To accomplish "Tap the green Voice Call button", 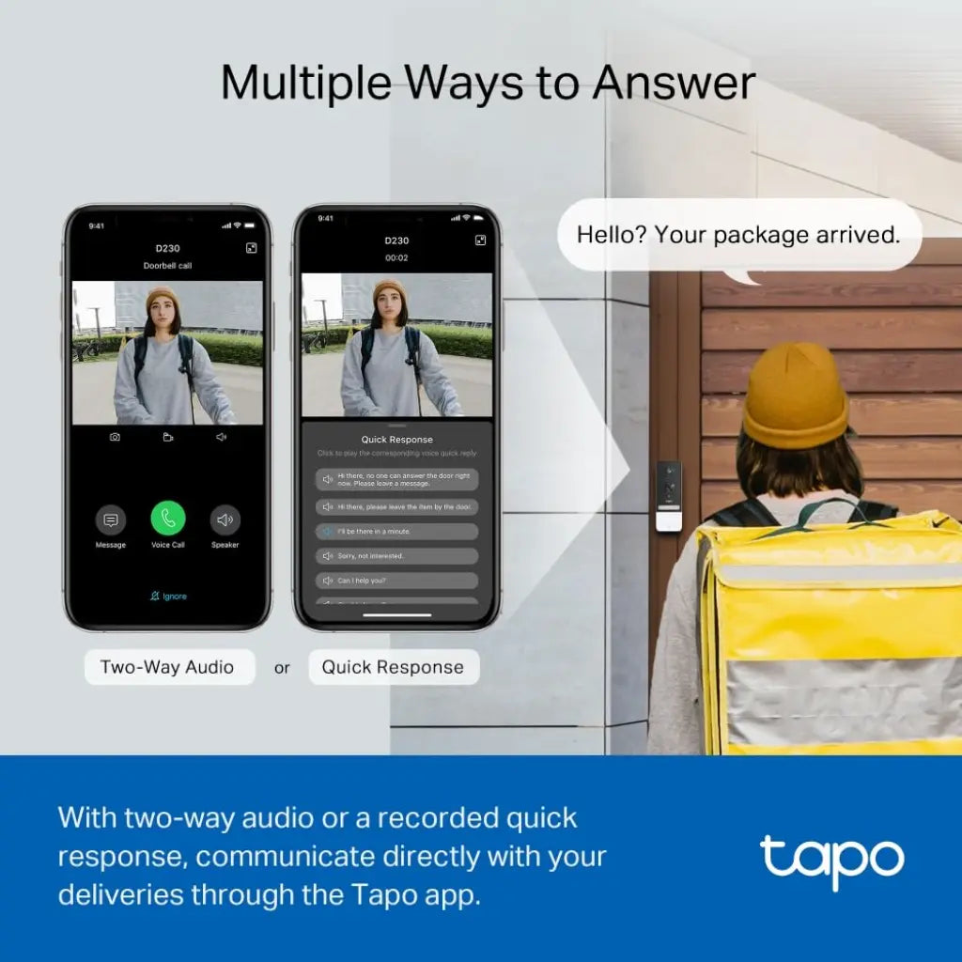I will tap(168, 519).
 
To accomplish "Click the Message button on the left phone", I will tap(111, 520).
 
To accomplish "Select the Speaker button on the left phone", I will tap(225, 520).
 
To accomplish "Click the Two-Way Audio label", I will tap(167, 667).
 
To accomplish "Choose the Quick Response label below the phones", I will tap(393, 667).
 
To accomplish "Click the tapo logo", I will tap(831, 861).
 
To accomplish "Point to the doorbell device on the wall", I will tap(668, 496).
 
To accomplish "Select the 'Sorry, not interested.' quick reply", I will tap(396, 555).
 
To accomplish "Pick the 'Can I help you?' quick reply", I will tap(396, 581).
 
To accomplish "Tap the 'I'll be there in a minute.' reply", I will tap(396, 531).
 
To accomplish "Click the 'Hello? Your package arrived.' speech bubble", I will tap(738, 235).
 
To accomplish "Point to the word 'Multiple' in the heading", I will tap(309, 83).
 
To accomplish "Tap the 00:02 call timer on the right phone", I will tap(396, 257).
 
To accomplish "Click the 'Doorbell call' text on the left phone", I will tap(167, 266).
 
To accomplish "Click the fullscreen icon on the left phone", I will tap(251, 248).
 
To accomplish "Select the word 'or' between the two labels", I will tap(282, 668).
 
